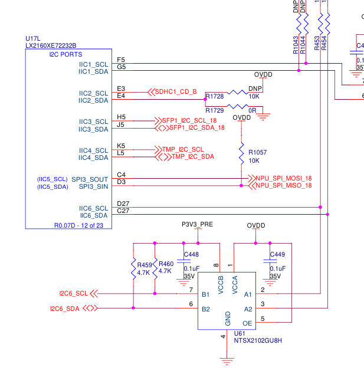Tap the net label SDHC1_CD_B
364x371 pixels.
(x=176, y=91)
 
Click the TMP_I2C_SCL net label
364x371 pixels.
(x=182, y=149)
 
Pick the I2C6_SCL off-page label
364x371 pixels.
(x=73, y=293)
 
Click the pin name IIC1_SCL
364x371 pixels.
(x=94, y=64)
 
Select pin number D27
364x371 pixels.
(x=123, y=203)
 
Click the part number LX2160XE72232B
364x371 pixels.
(x=51, y=45)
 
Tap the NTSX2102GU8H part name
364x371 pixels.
(x=258, y=340)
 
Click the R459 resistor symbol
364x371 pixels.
(x=133, y=269)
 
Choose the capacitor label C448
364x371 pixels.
(x=192, y=255)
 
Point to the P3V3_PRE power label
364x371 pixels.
(x=197, y=225)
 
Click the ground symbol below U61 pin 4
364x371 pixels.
(x=225, y=357)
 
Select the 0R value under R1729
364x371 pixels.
(x=252, y=110)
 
